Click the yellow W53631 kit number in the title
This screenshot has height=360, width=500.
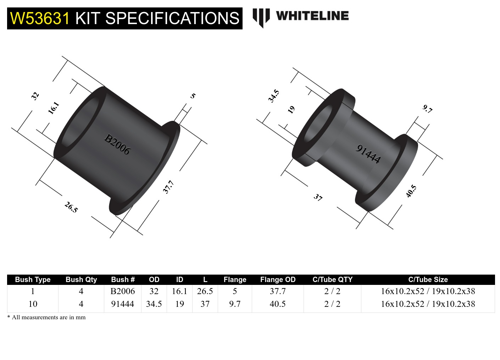[x=40, y=18]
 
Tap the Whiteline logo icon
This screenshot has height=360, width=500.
[x=261, y=17]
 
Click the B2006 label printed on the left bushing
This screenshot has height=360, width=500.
[x=117, y=144]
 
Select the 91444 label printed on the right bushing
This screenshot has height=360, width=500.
[x=368, y=154]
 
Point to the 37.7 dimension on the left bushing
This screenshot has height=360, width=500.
[x=168, y=187]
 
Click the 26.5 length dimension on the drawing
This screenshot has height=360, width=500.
[x=71, y=207]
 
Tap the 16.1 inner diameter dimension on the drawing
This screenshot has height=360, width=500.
[x=53, y=108]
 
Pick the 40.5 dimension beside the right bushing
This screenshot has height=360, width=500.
[x=411, y=191]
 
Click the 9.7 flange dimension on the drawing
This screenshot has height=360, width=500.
[x=428, y=109]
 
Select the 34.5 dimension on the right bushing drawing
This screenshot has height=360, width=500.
[x=273, y=96]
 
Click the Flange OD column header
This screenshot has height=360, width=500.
[x=278, y=280]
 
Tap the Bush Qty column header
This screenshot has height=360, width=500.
[x=81, y=280]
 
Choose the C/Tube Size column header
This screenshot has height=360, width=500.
[x=428, y=280]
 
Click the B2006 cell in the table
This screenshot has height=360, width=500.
[x=123, y=291]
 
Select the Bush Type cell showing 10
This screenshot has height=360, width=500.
[x=33, y=304]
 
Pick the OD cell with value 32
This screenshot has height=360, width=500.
[x=154, y=291]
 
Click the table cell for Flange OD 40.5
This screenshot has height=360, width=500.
[x=278, y=304]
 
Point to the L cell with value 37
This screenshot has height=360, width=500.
[x=205, y=304]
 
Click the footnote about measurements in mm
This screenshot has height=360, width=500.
[x=46, y=317]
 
